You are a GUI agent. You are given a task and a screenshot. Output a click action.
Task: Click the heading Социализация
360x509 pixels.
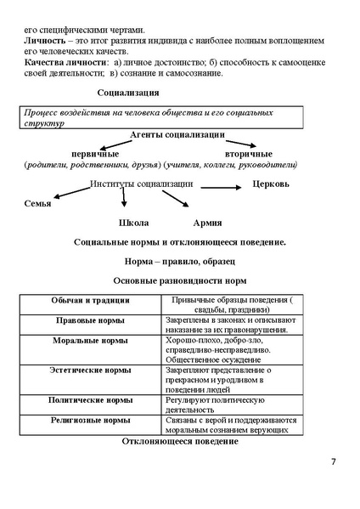pos(127,93)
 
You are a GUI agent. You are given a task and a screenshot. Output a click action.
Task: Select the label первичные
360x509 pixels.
pos(95,153)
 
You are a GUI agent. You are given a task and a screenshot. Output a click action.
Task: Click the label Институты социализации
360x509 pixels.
pos(142,184)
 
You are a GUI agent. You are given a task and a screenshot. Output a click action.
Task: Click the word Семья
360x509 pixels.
pos(37,203)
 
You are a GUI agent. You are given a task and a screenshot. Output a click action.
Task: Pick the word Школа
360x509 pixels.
pos(133,223)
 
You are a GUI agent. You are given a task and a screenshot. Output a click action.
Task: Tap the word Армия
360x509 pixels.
pos(208,223)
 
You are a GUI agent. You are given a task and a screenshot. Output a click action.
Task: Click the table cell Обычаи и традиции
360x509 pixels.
pos(90,300)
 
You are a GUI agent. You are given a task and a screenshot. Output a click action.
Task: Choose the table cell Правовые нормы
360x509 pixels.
pos(90,320)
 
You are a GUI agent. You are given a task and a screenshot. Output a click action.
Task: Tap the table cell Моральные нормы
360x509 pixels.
pos(90,340)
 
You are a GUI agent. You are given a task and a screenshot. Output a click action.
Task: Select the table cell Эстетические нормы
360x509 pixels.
pos(90,370)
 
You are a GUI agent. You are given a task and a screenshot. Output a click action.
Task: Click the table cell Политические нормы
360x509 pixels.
pos(90,399)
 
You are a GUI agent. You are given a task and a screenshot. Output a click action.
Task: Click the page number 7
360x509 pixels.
pos(333,461)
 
